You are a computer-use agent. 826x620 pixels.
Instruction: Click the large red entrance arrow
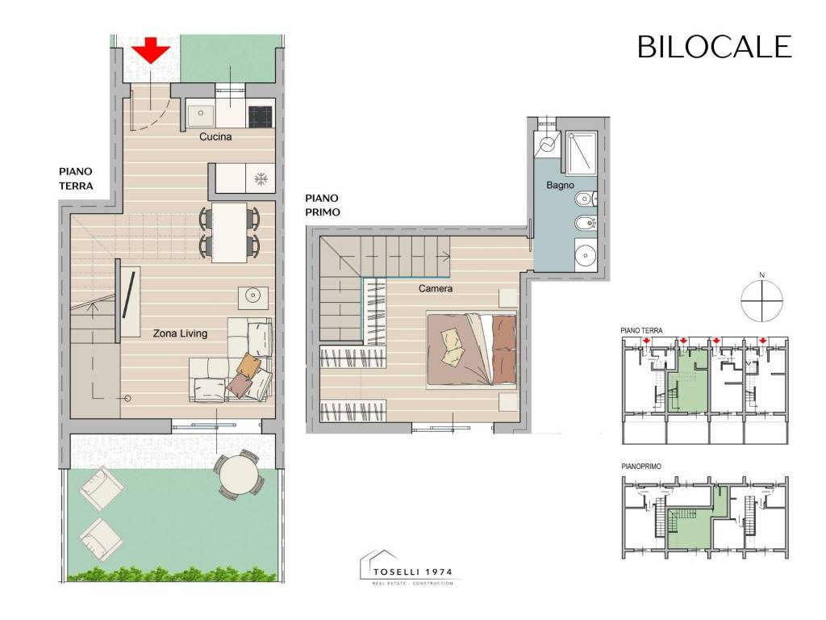click(151, 50)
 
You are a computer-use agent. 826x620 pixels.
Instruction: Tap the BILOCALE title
click(715, 47)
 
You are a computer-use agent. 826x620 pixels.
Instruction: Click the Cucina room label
click(215, 136)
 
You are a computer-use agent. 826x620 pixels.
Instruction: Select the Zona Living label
click(180, 333)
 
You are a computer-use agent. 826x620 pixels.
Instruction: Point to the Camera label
click(436, 288)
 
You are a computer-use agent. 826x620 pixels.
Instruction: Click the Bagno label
click(560, 185)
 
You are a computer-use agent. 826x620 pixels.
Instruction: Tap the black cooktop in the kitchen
click(261, 117)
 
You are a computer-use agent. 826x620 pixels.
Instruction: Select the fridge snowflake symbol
click(261, 179)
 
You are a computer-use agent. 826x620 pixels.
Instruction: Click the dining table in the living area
click(229, 232)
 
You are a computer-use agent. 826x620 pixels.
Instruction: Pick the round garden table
click(239, 474)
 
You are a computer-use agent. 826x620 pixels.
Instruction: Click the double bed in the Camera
click(471, 349)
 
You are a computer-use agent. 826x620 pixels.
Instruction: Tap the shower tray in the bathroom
click(582, 153)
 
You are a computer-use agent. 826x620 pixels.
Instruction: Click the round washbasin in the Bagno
click(586, 256)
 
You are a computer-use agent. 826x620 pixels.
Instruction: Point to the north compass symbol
click(761, 300)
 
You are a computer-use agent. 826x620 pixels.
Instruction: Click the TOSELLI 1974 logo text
click(413, 572)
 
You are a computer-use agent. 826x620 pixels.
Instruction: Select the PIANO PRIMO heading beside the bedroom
click(323, 205)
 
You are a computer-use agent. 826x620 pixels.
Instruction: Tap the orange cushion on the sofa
click(248, 363)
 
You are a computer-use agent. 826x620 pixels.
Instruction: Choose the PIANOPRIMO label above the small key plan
click(641, 467)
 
